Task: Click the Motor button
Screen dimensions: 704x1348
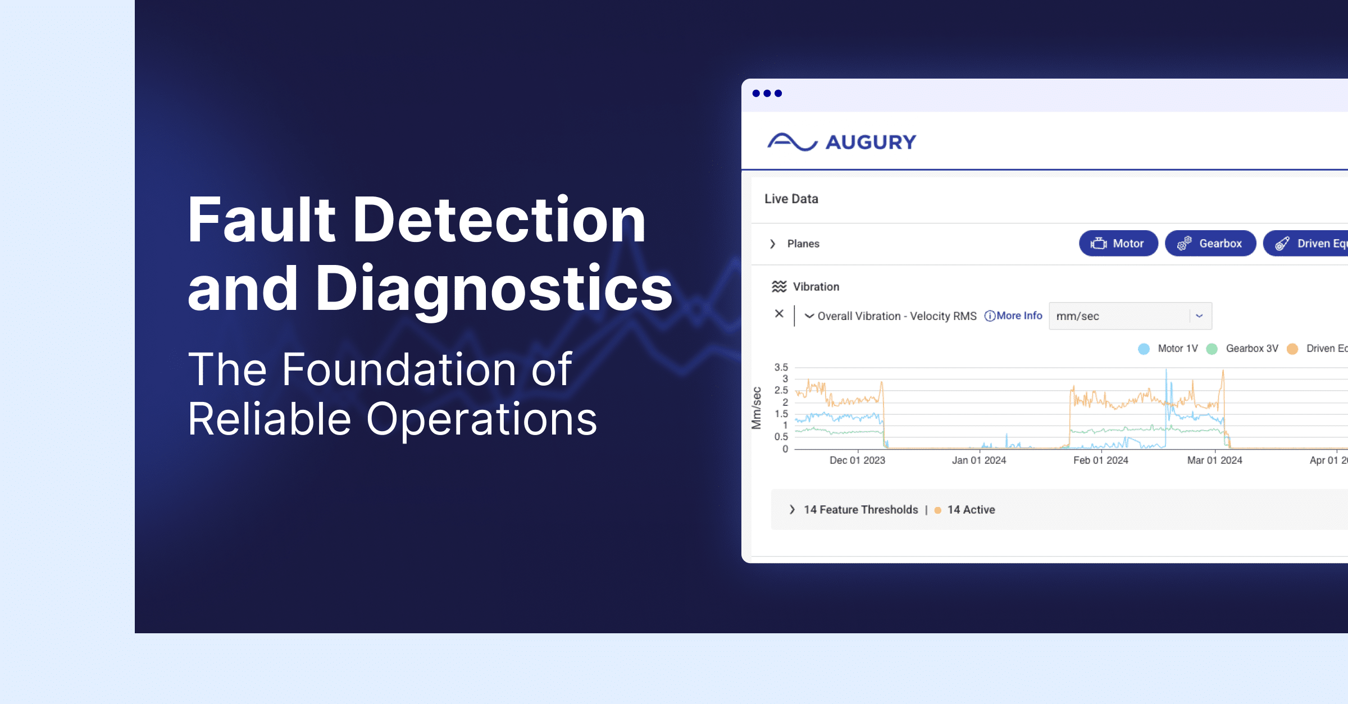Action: click(x=1118, y=244)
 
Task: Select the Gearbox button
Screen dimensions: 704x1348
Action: click(x=1210, y=244)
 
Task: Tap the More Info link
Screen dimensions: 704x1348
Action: click(x=1014, y=316)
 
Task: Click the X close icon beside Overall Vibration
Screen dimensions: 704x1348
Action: click(x=779, y=314)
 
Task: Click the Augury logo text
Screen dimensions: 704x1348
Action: click(x=871, y=143)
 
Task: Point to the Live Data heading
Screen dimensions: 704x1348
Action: click(x=791, y=199)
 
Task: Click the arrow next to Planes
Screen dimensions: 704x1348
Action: click(x=773, y=244)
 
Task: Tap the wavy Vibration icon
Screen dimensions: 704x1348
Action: click(x=779, y=287)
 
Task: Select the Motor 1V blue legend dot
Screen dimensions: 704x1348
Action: click(x=1144, y=349)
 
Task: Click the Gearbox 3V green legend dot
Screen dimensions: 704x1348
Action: click(x=1212, y=349)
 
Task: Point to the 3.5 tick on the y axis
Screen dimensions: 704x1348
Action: click(x=781, y=368)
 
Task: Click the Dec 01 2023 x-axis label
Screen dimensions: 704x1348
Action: click(x=857, y=460)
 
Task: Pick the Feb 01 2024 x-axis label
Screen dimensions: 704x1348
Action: click(x=1100, y=460)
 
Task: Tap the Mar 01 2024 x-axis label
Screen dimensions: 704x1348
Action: click(x=1214, y=460)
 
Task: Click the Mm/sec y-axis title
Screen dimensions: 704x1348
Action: click(x=757, y=408)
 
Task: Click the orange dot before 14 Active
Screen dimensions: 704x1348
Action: click(x=937, y=510)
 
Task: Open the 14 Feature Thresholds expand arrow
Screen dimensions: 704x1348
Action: click(x=792, y=510)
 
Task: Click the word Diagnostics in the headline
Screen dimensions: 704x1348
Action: click(x=494, y=289)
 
